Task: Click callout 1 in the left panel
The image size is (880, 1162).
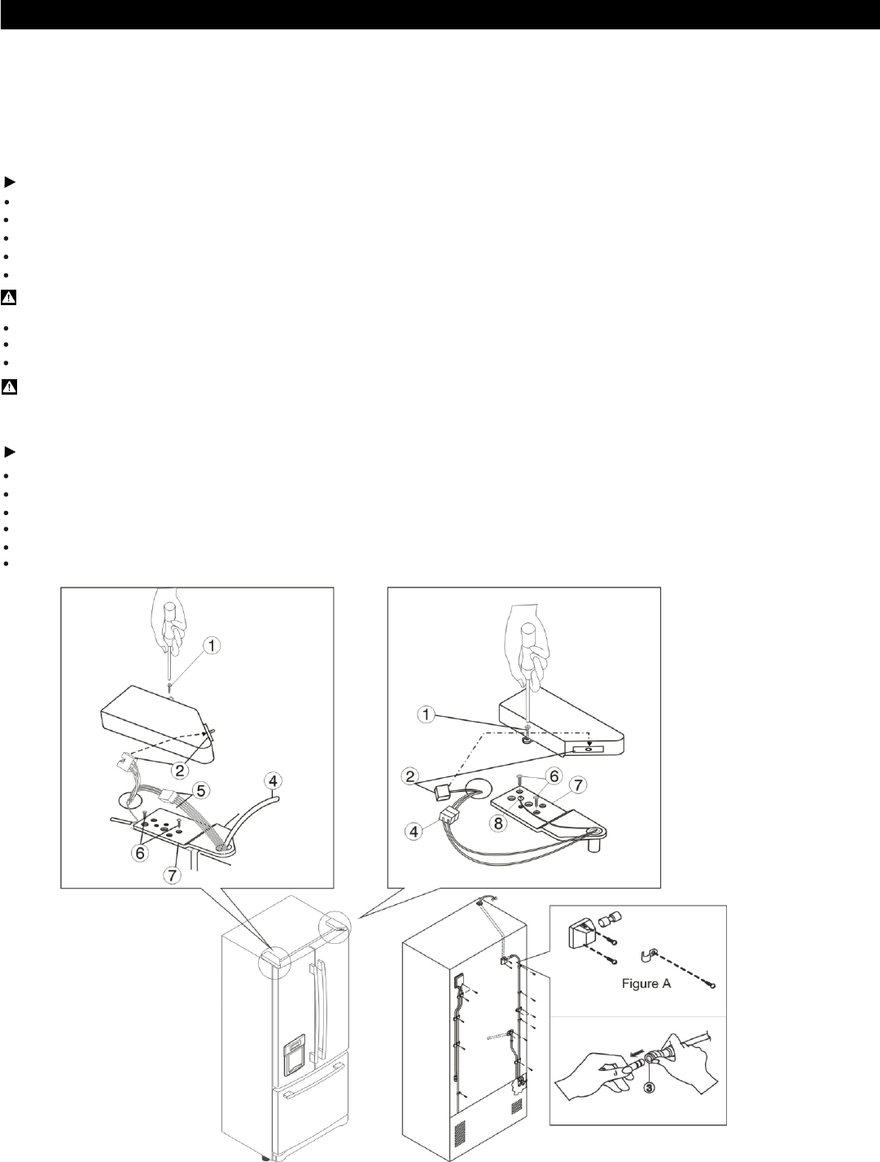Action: pyautogui.click(x=211, y=647)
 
